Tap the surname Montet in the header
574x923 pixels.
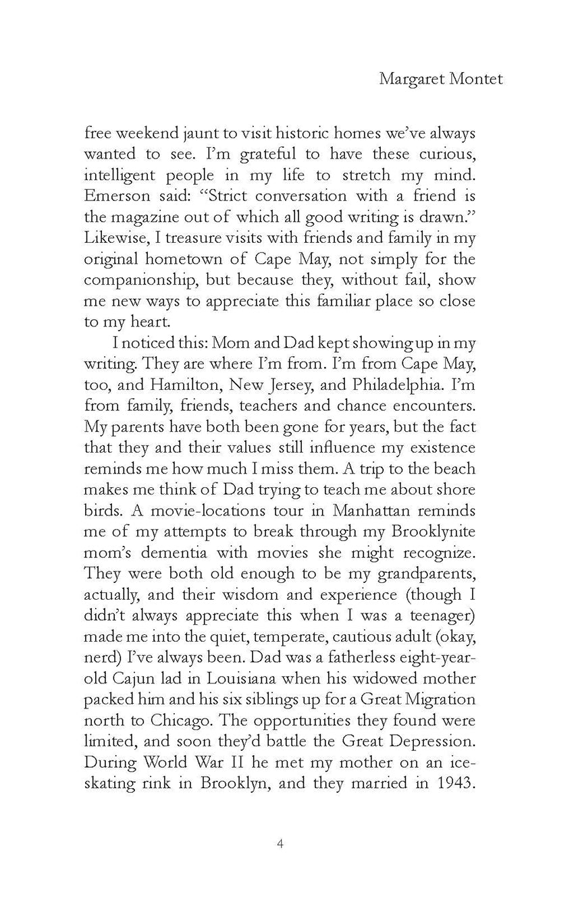click(478, 79)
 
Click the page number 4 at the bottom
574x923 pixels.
click(280, 843)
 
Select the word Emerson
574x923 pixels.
click(116, 196)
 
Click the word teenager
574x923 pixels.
click(433, 615)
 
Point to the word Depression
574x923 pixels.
click(426, 742)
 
